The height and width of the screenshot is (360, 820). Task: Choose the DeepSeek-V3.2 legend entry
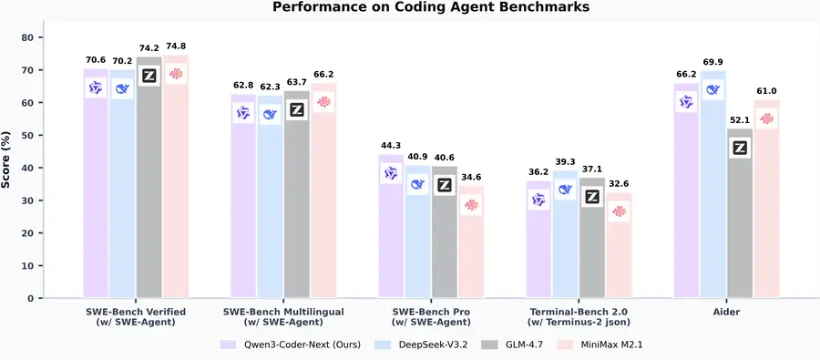click(433, 345)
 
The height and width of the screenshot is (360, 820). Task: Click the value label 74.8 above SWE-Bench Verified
click(177, 46)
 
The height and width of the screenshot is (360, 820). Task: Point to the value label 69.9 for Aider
click(713, 62)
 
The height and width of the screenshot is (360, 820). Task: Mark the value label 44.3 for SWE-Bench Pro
click(391, 146)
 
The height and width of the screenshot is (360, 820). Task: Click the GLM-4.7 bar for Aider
click(740, 219)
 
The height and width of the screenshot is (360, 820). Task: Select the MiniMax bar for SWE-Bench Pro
click(470, 246)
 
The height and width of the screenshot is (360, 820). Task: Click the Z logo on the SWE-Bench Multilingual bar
click(296, 110)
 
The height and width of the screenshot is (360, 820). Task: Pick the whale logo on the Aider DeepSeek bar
click(713, 89)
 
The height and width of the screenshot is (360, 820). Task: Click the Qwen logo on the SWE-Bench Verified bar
click(96, 87)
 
